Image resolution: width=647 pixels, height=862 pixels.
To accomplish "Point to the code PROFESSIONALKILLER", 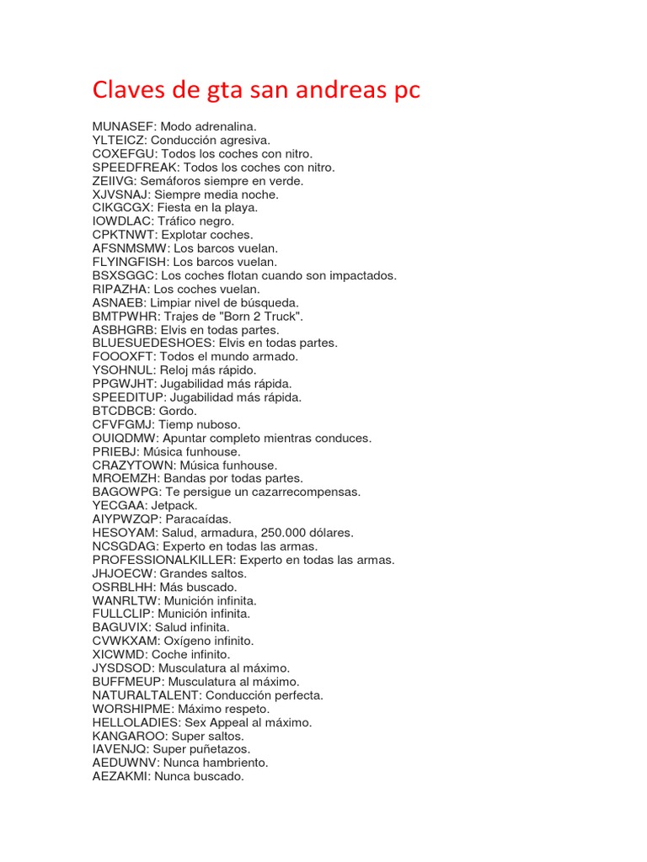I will pyautogui.click(x=163, y=560).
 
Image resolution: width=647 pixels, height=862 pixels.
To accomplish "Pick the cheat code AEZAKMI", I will pyautogui.click(x=120, y=776).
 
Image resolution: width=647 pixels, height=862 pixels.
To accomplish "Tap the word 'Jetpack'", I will pyautogui.click(x=174, y=506).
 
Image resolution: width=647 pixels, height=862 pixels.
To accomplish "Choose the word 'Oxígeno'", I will pyautogui.click(x=191, y=641).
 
